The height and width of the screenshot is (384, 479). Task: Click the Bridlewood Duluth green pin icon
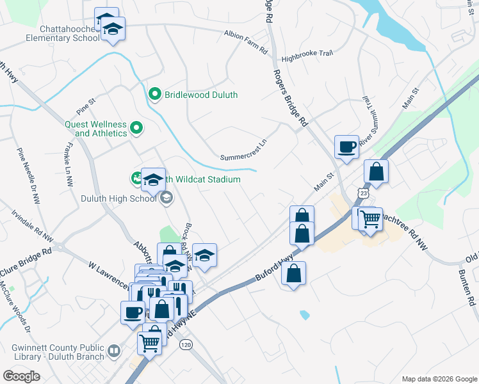tap(154, 95)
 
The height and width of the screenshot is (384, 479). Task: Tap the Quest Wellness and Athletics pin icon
tap(136, 129)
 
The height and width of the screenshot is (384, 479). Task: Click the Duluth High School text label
tap(118, 198)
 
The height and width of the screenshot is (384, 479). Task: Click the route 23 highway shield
tap(364, 193)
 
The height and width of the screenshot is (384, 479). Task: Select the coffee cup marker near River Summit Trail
tap(346, 147)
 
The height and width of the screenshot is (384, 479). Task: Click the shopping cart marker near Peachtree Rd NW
tap(370, 219)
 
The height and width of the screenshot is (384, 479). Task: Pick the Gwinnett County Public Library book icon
tap(114, 350)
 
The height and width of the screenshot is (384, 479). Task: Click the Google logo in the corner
tap(22, 376)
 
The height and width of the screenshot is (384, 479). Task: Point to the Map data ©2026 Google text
tap(439, 378)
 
